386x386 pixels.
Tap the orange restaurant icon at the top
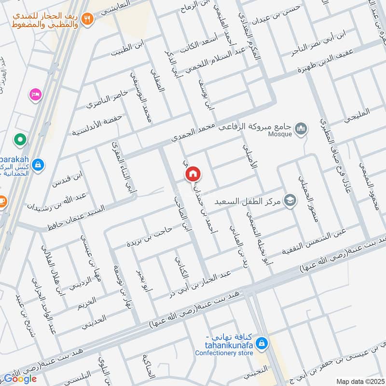(x=87, y=19)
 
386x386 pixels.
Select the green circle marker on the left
(x=20, y=140)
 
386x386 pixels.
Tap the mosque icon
(x=301, y=128)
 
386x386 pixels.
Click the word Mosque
(x=280, y=134)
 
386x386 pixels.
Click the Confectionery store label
(x=224, y=353)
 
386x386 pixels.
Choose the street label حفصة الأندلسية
(x=97, y=124)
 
